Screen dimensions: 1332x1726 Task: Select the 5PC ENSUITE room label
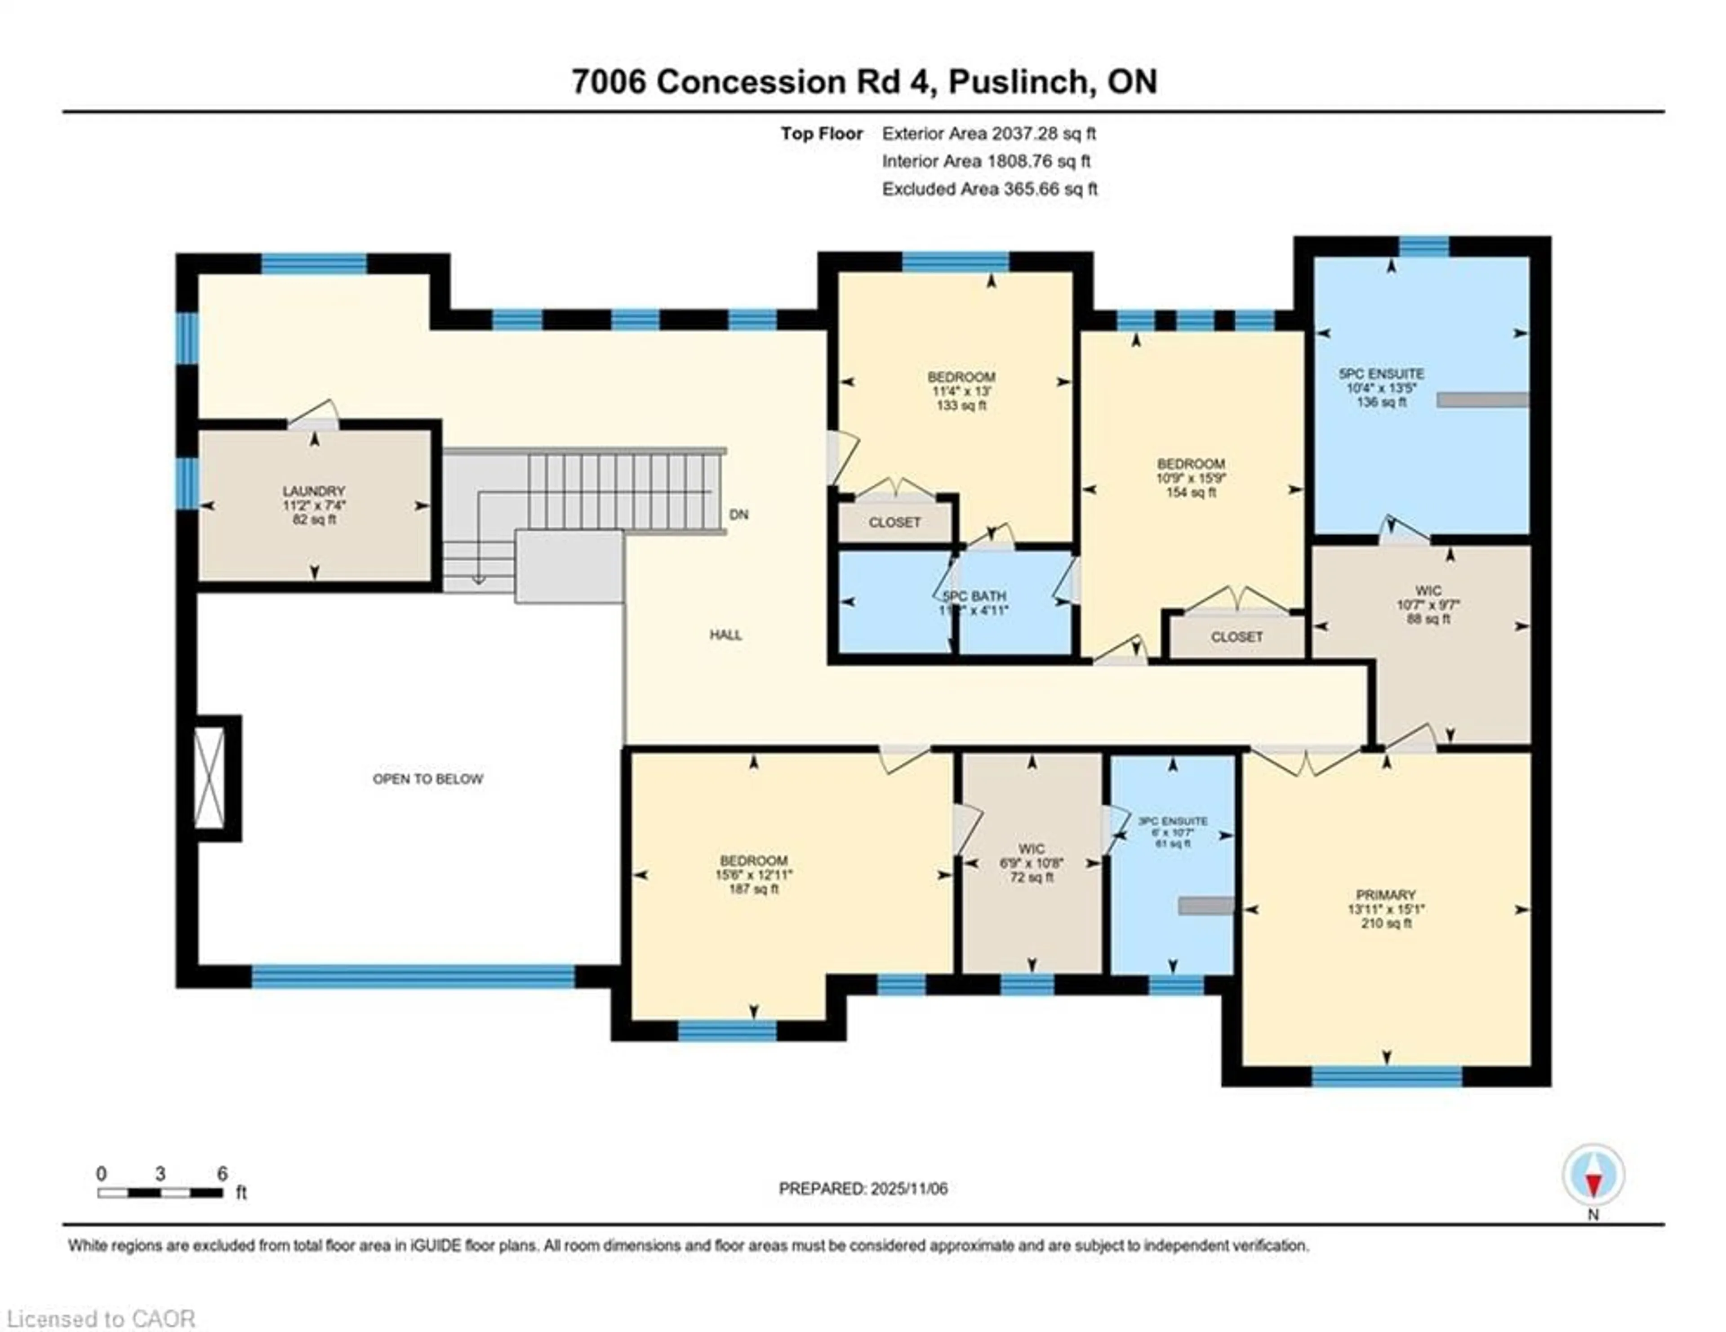tap(1381, 374)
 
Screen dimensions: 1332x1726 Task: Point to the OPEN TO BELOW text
tap(427, 779)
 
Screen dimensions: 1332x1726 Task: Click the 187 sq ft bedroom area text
tap(753, 889)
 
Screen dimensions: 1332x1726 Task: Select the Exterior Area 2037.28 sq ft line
tap(989, 133)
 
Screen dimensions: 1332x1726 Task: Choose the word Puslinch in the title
tap(1017, 82)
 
